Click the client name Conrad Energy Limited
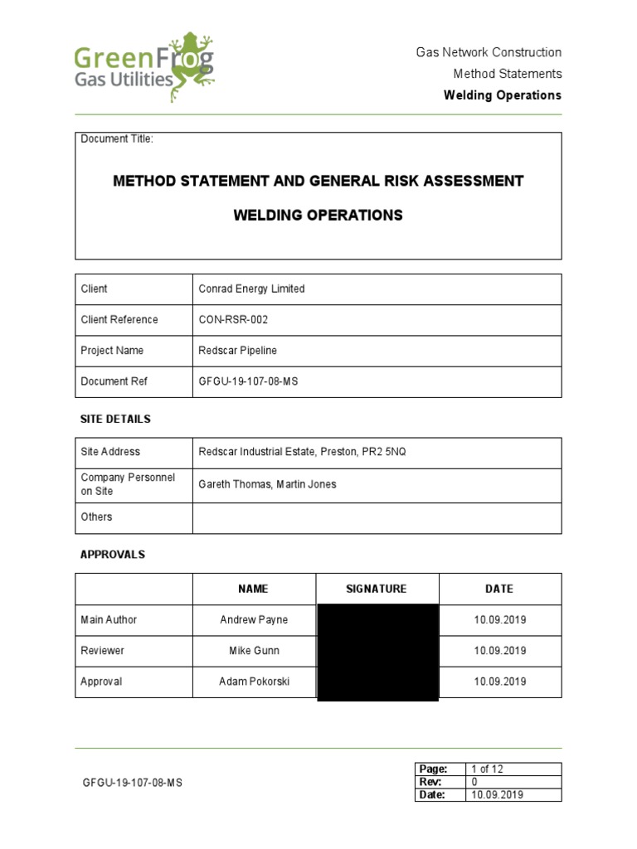(251, 289)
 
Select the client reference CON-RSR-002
(233, 320)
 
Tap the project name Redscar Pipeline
(237, 351)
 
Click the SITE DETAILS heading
(115, 420)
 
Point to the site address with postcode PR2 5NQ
(302, 452)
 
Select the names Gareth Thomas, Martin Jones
(267, 484)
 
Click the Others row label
(96, 517)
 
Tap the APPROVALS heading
(113, 555)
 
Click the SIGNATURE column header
(377, 589)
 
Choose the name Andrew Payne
(253, 620)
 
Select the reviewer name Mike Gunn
(253, 651)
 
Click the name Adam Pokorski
(254, 682)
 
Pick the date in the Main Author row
(499, 620)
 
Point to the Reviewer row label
(102, 651)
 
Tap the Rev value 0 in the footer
(474, 782)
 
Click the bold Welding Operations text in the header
(502, 95)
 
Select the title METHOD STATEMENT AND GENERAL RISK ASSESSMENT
(318, 181)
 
